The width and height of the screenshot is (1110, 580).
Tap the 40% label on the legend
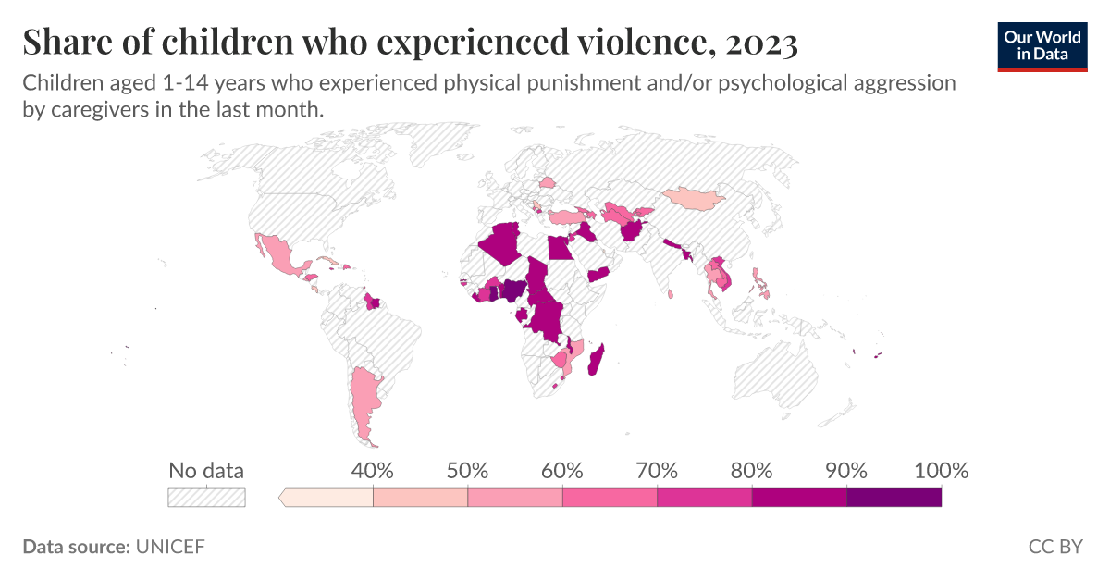pos(373,470)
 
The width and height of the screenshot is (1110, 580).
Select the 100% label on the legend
pos(941,470)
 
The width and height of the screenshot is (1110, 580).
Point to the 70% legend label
pos(657,470)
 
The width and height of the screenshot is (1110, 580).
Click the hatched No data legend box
pos(206,498)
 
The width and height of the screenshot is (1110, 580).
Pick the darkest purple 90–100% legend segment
pos(894,498)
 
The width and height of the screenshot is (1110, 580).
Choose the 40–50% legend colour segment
pos(420,498)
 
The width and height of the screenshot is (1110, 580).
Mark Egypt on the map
pos(558,249)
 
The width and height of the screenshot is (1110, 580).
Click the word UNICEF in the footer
pos(170,547)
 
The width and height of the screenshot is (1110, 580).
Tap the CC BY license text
pos(1054,547)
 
